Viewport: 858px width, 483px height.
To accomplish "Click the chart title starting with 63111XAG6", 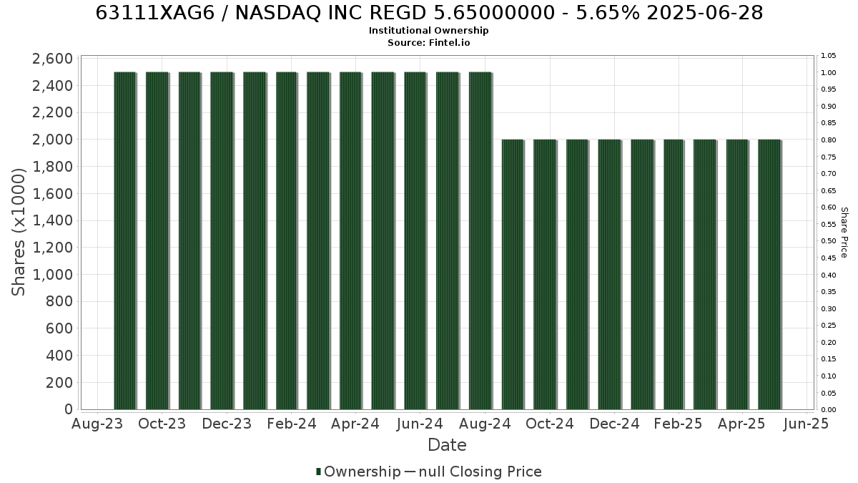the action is tap(429, 13).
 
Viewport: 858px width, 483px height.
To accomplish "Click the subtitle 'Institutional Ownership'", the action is tap(428, 31).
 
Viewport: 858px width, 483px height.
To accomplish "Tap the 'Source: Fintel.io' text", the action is tap(428, 42).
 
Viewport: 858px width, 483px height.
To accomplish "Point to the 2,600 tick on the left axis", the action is tap(52, 59).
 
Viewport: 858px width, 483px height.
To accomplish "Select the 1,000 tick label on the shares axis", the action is tap(52, 275).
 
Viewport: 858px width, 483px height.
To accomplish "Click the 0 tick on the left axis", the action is tap(69, 409).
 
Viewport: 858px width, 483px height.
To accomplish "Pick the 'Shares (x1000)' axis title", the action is tap(18, 233).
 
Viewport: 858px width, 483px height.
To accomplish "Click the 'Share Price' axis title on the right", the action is tap(844, 233).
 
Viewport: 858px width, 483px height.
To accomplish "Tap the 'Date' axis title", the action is tap(447, 445).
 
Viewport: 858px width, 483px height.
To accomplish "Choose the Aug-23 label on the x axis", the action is tap(97, 424).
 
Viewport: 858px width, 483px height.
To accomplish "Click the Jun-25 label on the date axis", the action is tap(807, 424).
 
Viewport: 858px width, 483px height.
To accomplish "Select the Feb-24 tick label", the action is tap(292, 424).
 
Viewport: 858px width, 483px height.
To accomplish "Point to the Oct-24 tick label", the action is tap(550, 424).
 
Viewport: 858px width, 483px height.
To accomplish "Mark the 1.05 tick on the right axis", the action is tap(828, 56).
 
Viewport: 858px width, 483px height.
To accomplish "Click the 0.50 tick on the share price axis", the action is tap(828, 241).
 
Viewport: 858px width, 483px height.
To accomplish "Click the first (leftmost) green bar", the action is tap(125, 240).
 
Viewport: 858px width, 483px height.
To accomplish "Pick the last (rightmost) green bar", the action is tap(769, 275).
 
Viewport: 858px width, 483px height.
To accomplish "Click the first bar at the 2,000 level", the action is tap(513, 275).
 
